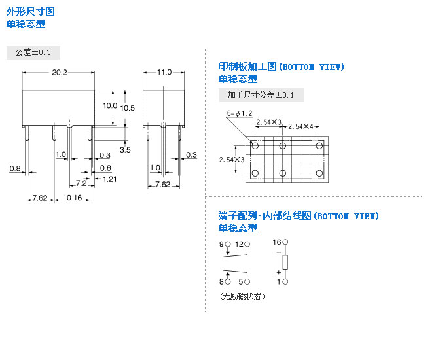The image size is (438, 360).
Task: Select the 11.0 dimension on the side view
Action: (164, 73)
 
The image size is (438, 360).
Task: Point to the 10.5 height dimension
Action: (128, 107)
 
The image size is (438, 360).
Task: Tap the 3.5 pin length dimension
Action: (125, 150)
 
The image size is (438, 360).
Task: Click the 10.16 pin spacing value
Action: (73, 198)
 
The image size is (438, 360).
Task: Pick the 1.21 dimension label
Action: (110, 179)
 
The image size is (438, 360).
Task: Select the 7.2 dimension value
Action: (82, 183)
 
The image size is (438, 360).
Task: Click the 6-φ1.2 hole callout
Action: (240, 113)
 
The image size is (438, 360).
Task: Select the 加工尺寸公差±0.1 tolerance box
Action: (261, 95)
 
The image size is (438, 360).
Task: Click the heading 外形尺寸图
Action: (31, 12)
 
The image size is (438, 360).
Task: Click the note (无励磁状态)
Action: (242, 297)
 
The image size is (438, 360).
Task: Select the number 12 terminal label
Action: (240, 244)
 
